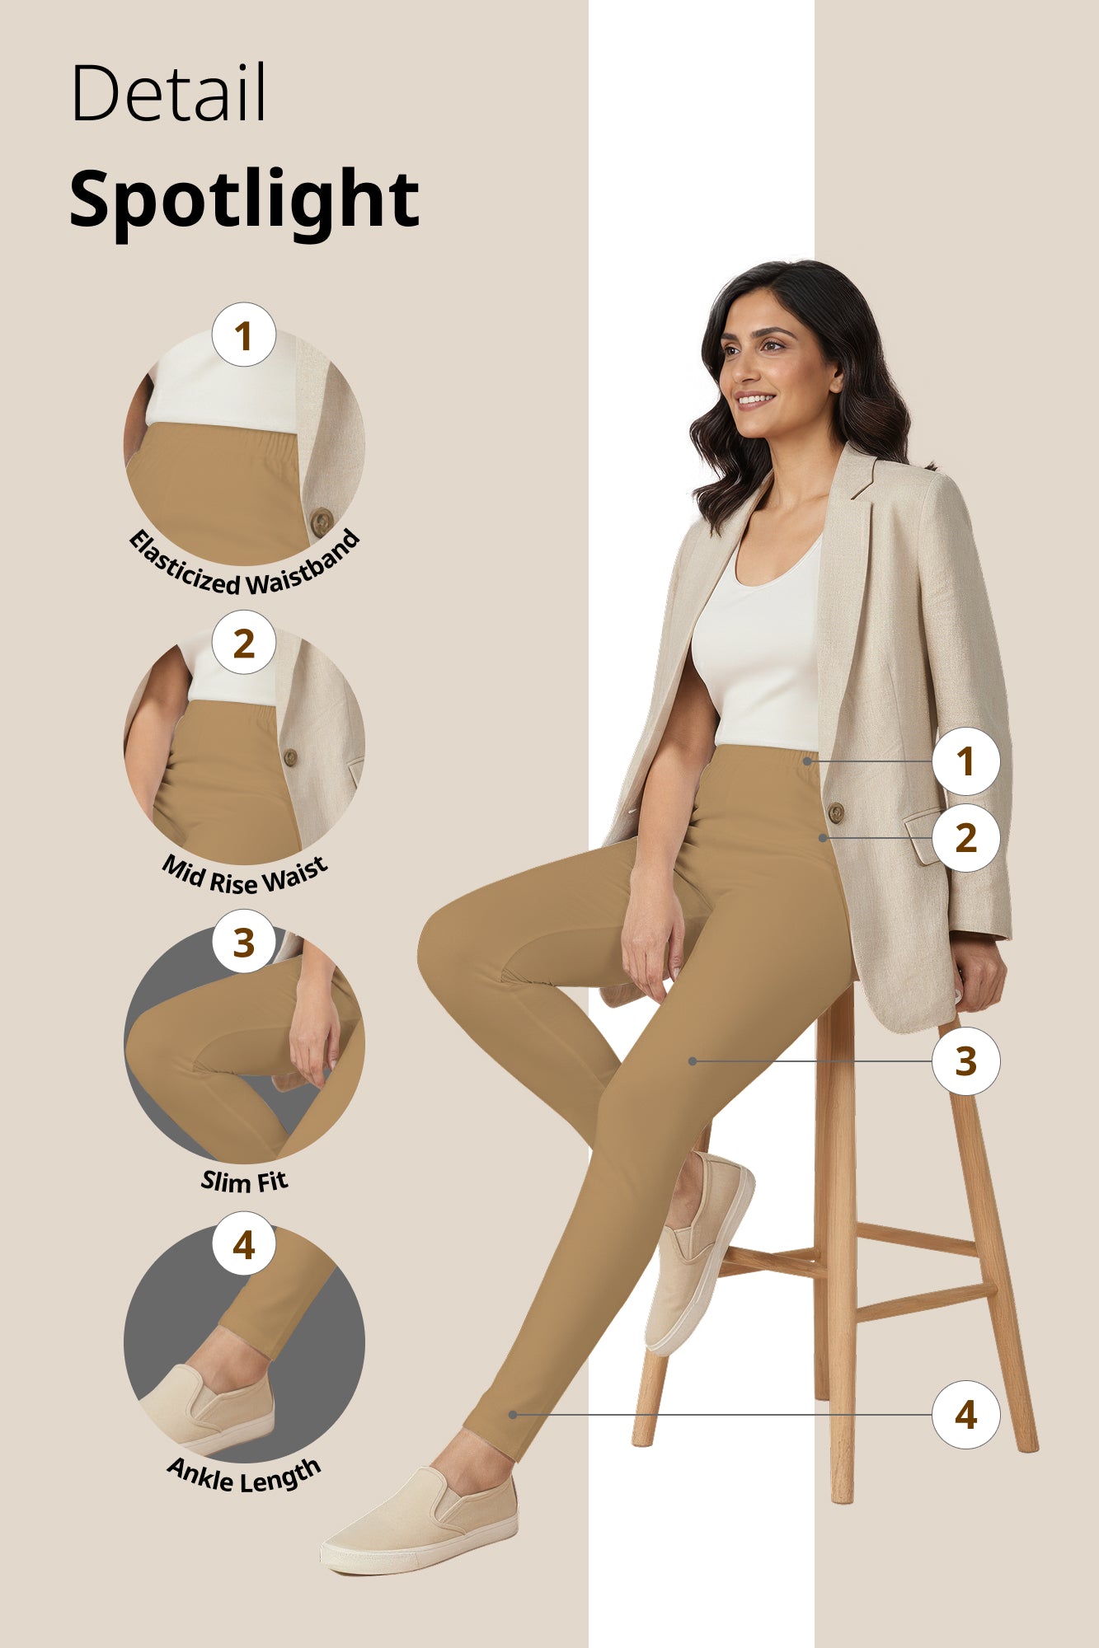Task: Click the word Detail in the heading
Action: click(169, 92)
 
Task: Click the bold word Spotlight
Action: click(244, 199)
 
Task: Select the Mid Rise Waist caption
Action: click(245, 876)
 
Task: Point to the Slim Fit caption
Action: click(245, 1182)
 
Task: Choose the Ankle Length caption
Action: click(244, 1475)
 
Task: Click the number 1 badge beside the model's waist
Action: click(965, 761)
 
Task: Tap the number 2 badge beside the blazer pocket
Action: click(965, 838)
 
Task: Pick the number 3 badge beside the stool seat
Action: click(965, 1061)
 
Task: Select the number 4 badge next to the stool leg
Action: click(965, 1415)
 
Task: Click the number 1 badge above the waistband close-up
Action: click(243, 335)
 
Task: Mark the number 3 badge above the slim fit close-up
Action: click(243, 943)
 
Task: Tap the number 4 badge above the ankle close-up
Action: click(243, 1245)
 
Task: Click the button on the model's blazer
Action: click(835, 812)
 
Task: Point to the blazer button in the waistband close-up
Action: click(322, 521)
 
